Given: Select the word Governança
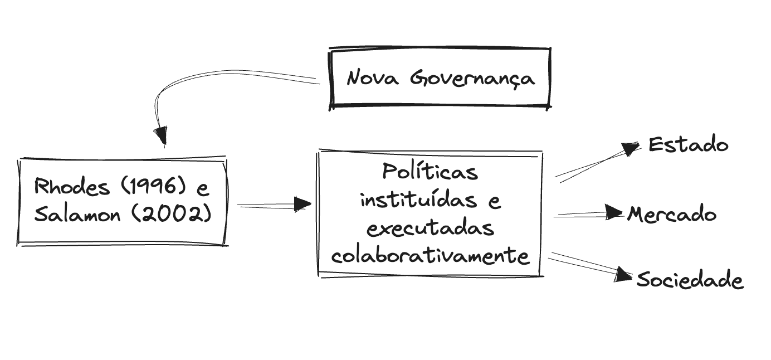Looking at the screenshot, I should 472,78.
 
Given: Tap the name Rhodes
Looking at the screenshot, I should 64,187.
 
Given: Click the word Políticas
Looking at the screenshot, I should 430,171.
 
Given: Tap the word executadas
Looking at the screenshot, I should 430,228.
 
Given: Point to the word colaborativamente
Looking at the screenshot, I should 430,256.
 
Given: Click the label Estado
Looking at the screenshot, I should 689,145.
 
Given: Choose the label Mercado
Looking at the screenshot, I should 672,214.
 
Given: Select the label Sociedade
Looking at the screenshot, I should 690,280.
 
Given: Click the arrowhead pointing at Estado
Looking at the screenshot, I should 632,149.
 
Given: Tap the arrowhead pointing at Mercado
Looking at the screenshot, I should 614,212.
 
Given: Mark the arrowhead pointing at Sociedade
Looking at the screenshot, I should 627,274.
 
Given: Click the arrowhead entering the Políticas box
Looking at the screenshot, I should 302,204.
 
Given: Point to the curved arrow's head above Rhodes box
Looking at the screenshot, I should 161,135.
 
